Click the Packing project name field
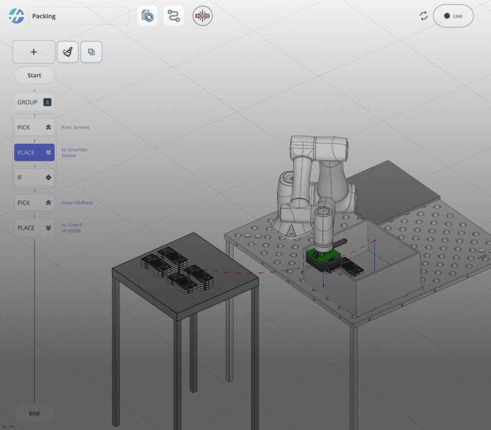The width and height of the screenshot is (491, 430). click(78, 16)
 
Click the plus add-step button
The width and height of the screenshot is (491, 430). click(34, 52)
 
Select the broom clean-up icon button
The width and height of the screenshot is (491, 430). click(68, 52)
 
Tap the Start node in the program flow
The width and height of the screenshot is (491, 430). click(34, 75)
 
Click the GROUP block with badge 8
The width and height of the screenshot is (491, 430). click(34, 103)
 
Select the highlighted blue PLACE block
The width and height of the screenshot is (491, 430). click(34, 153)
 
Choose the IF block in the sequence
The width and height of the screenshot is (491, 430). click(34, 177)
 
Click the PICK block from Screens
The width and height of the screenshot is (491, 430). click(34, 127)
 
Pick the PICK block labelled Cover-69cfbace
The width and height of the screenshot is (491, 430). click(34, 203)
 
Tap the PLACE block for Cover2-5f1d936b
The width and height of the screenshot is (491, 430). click(34, 228)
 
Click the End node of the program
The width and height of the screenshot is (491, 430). click(34, 413)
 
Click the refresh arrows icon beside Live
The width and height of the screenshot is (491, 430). click(424, 16)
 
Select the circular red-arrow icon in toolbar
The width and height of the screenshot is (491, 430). click(202, 16)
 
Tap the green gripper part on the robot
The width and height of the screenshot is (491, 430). click(321, 256)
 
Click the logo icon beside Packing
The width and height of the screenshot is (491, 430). click(16, 16)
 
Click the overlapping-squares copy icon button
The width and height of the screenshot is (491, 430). click(91, 52)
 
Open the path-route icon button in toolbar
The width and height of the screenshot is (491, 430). click(174, 16)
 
